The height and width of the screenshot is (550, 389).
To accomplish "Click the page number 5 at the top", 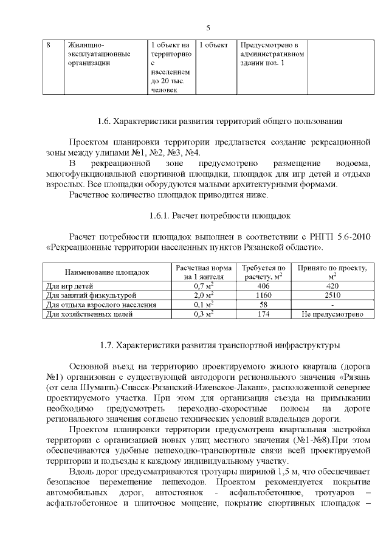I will [x=208, y=28].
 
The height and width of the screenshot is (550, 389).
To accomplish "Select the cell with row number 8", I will [x=48, y=46].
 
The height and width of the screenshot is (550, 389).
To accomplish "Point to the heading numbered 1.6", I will [x=220, y=121].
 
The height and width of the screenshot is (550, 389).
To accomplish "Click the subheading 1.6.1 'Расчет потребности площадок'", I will [x=220, y=215].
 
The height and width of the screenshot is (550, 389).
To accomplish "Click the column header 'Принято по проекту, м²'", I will [x=332, y=272].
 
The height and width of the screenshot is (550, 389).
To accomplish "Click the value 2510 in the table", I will [x=332, y=295].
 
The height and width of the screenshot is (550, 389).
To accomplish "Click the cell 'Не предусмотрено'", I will [x=332, y=314].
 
